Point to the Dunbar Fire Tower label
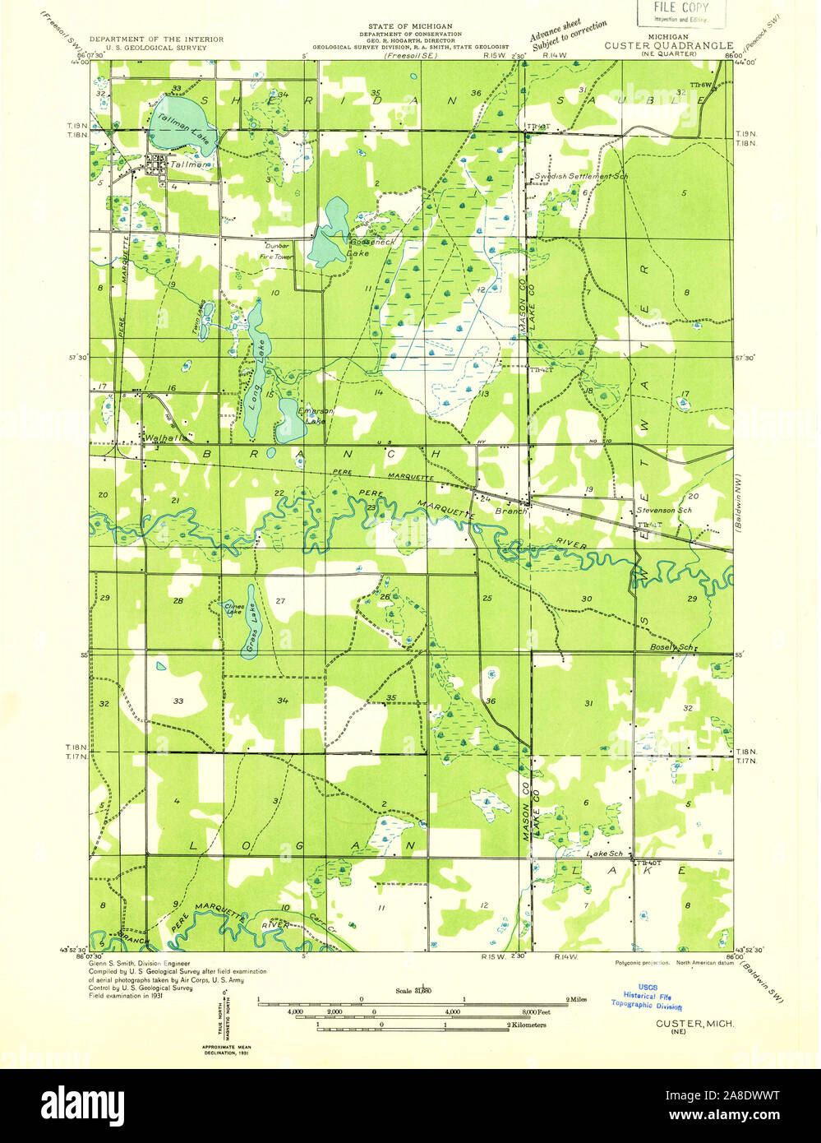tap(277, 251)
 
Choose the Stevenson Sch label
tap(664, 511)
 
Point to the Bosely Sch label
tap(674, 647)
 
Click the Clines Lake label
tap(233, 609)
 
